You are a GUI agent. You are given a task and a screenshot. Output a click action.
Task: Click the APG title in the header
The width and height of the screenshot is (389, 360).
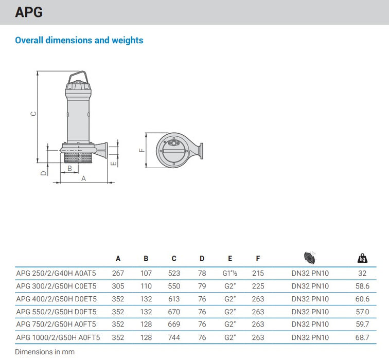[29, 12]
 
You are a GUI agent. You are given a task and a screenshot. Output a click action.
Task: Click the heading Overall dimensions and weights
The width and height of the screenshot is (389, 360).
[79, 40]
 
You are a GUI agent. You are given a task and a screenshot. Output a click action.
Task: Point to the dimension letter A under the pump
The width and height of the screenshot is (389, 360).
[83, 178]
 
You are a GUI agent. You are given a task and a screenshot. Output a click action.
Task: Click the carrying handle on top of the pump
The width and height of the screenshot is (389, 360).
[78, 77]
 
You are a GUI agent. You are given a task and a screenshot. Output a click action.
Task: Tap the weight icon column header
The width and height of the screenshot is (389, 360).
[362, 258]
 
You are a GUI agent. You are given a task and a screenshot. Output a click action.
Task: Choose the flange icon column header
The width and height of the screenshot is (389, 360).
[310, 258]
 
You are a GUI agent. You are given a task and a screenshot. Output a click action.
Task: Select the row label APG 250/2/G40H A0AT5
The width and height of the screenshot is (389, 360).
[56, 274]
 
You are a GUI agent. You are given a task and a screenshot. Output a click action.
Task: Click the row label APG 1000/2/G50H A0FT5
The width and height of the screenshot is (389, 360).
[58, 337]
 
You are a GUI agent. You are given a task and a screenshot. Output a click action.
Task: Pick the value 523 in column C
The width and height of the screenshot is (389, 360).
[174, 274]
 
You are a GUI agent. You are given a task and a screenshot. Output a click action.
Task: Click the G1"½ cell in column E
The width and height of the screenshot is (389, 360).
[230, 274]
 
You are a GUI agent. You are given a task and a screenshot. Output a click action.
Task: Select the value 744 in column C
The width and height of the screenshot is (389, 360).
[174, 337]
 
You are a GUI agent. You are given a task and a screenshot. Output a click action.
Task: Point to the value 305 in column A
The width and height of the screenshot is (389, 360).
[118, 286]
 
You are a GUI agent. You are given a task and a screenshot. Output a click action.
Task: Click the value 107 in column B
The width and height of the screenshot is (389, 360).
[146, 274]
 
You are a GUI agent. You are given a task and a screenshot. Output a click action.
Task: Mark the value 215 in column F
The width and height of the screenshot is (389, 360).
[258, 274]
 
